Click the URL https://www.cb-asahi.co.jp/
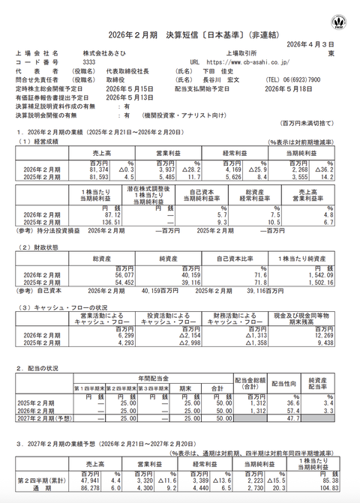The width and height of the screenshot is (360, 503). (x=248, y=63)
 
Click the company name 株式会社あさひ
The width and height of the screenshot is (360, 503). (x=106, y=55)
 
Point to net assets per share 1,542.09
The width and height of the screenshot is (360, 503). (x=318, y=274)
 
